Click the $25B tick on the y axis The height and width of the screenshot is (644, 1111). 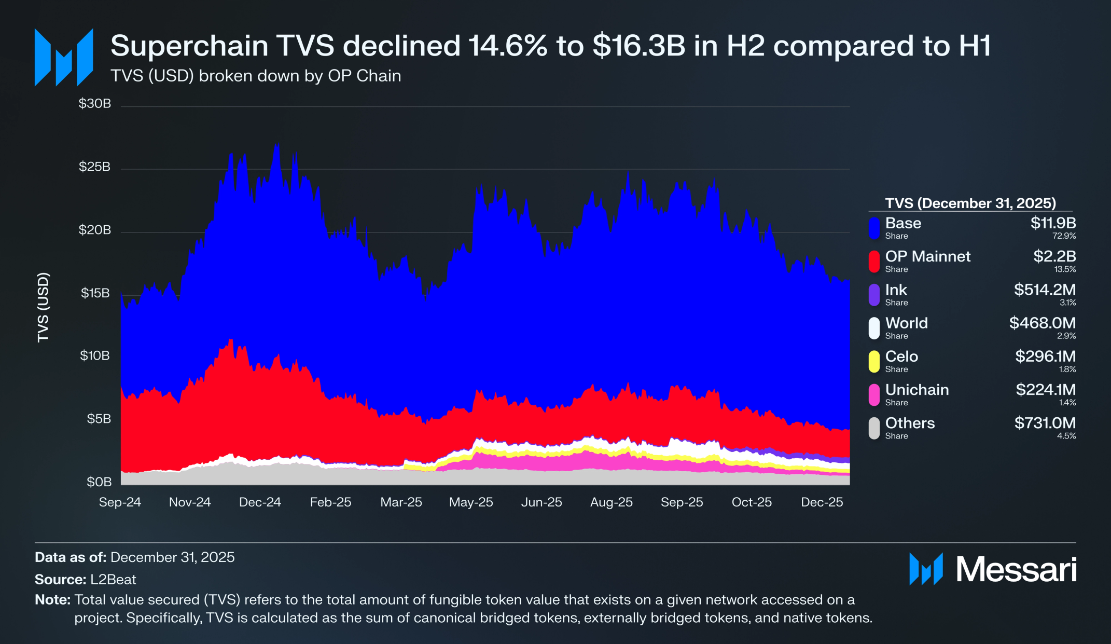tap(94, 167)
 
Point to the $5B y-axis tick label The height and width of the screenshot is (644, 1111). tap(99, 419)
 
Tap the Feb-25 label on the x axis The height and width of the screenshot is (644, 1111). tap(330, 502)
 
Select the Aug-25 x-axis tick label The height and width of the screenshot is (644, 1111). tap(612, 502)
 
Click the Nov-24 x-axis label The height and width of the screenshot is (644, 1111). tap(190, 502)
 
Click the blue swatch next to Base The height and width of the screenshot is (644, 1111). tap(874, 228)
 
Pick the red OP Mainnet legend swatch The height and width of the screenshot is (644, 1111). tap(874, 261)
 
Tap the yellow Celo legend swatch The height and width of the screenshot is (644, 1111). tap(874, 361)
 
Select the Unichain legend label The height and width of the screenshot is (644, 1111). tap(917, 390)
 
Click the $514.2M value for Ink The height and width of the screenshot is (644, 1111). tap(1045, 290)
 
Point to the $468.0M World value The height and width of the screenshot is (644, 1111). tap(1042, 323)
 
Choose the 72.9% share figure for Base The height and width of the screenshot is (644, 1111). tap(1064, 236)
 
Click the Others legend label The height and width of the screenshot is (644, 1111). tap(910, 423)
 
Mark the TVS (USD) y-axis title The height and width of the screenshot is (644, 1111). tap(43, 307)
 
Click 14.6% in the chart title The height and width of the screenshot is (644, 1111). tap(508, 46)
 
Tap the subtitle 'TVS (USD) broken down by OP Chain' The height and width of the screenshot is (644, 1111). tap(256, 76)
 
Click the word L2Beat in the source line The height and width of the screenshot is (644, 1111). tap(113, 579)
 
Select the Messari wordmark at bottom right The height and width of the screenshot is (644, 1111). tap(1016, 570)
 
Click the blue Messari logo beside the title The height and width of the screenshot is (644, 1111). tap(64, 57)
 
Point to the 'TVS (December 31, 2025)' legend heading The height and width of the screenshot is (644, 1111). tap(970, 203)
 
